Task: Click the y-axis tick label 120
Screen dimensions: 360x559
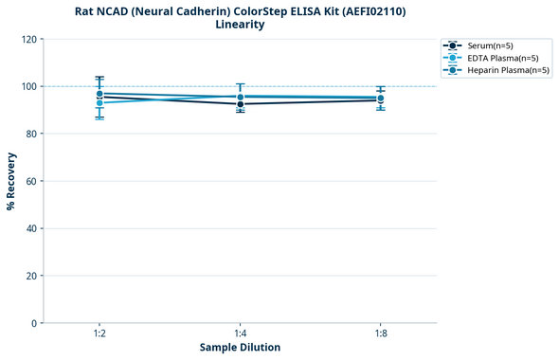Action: pos(28,39)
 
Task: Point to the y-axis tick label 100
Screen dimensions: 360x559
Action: pos(28,86)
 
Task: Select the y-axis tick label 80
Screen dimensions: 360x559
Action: pos(31,134)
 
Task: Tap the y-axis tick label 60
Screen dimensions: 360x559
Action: pos(31,181)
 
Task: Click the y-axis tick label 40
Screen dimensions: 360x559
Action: pos(31,228)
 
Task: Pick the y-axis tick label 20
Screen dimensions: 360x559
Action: pos(31,276)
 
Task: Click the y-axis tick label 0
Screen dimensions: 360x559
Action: pos(34,323)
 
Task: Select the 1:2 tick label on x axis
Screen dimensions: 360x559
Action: pos(99,334)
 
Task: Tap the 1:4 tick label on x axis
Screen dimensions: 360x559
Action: pos(240,334)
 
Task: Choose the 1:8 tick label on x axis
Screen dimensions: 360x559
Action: pos(380,334)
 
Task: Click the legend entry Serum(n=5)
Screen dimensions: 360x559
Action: pos(489,45)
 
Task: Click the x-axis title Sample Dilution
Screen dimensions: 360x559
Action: pos(240,348)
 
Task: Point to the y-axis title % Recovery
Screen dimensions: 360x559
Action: pos(11,180)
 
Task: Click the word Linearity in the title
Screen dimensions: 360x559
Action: pos(240,25)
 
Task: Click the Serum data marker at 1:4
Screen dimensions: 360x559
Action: pos(240,103)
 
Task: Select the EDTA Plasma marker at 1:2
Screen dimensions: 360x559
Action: pos(99,102)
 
